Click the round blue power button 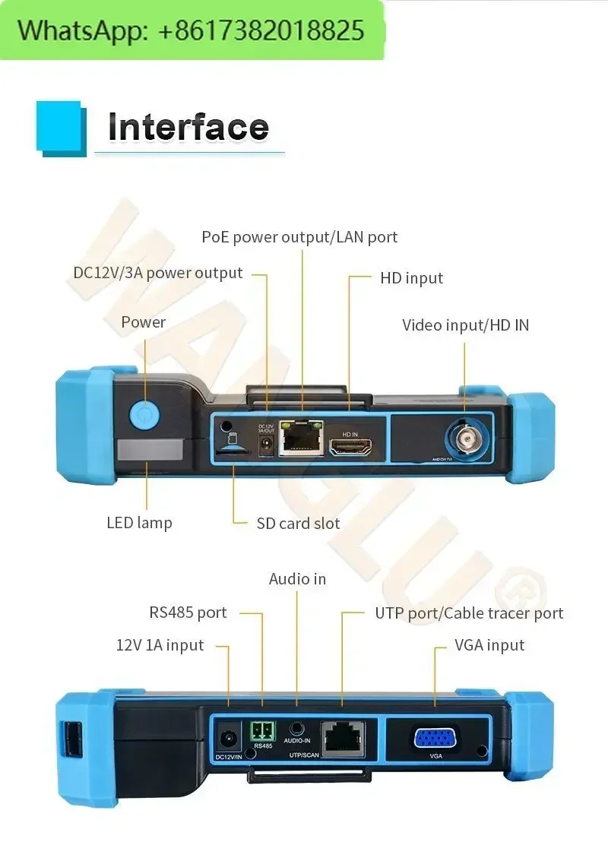143,414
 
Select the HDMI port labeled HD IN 350,446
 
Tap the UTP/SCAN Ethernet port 342,736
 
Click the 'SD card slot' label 298,523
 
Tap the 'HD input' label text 411,278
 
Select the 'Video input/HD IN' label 465,325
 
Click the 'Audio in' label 297,579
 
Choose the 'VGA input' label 489,645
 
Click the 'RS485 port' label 188,613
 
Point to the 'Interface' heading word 188,127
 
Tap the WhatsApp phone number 262,30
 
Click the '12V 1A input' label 160,645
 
